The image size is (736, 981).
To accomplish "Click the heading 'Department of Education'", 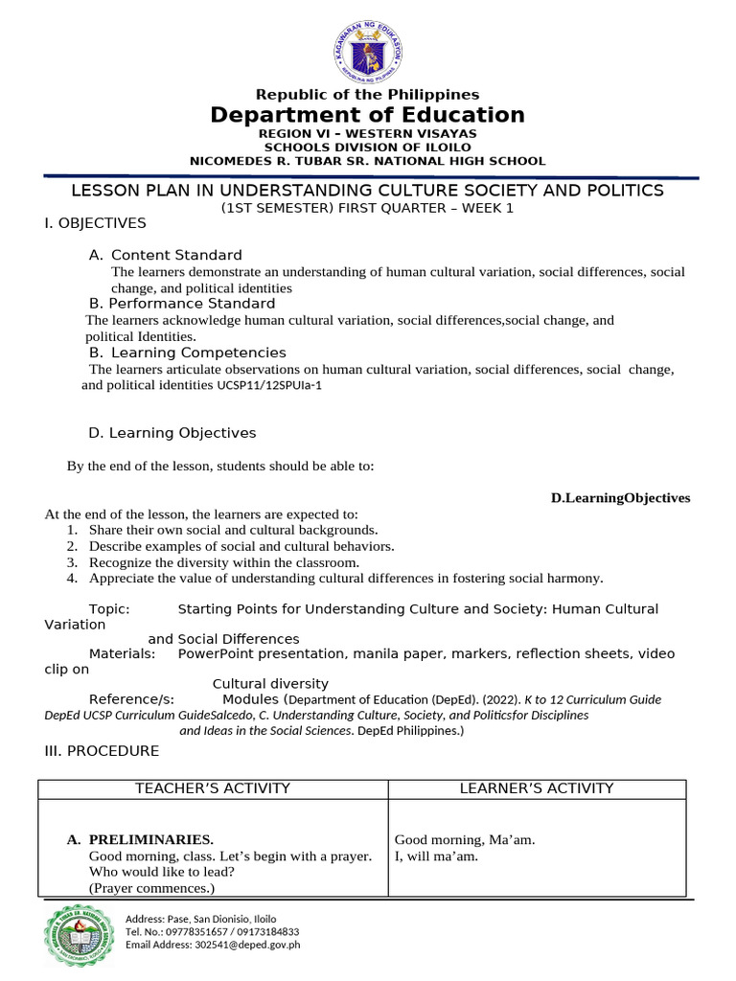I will pos(367,116).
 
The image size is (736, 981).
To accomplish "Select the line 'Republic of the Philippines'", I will pos(367,95).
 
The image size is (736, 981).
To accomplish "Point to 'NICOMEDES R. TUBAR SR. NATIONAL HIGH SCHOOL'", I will pos(367,161).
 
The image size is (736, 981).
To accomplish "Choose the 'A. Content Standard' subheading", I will pos(165,255).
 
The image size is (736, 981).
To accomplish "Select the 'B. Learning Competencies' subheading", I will pos(187,353).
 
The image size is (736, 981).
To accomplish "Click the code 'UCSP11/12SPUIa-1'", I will pos(267,386).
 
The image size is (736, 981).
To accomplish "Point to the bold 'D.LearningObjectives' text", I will pos(620,498).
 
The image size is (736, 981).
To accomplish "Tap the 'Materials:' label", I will pos(122,653).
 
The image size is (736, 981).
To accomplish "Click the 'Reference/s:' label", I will pos(131,699).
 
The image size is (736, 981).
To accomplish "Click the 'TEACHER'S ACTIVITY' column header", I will pos(212,788).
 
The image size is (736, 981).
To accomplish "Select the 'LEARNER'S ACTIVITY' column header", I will pos(537,788).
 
